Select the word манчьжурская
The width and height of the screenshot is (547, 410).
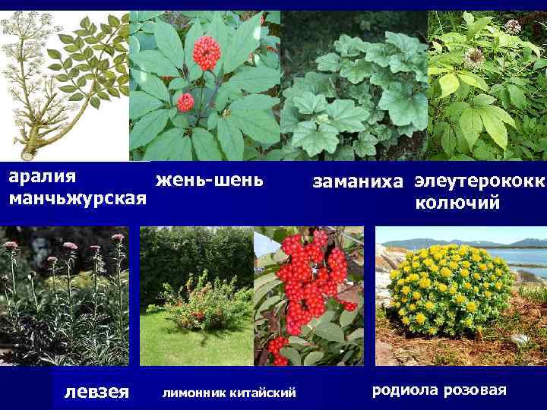coord(77,199)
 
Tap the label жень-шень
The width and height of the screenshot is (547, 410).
coord(209,181)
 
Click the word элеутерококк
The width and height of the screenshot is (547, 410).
coord(480,181)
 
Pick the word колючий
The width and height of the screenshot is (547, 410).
coord(457,203)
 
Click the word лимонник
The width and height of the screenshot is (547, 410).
coord(197,392)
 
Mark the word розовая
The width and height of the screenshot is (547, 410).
coord(475,390)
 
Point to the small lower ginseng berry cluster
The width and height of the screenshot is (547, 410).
coord(185,102)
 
